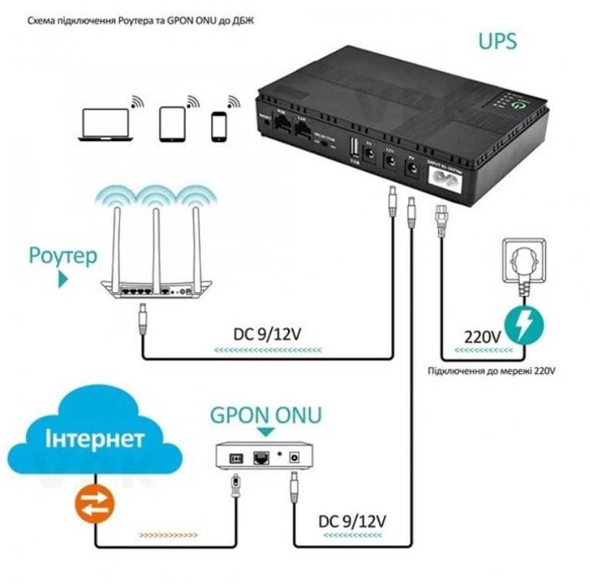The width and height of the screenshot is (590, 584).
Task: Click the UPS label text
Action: click(497, 41)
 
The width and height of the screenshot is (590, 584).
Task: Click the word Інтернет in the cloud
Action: click(95, 439)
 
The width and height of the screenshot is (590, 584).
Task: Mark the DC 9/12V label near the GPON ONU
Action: click(352, 521)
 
